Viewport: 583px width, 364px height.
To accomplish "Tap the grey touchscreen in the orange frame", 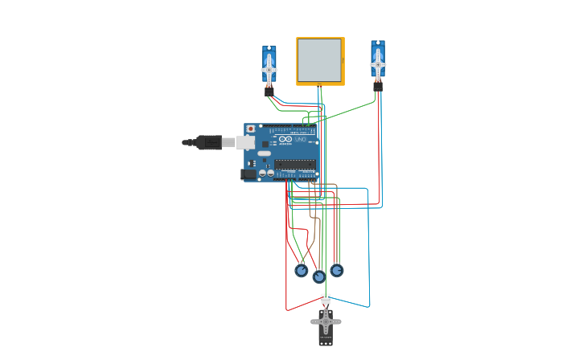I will tap(319, 60).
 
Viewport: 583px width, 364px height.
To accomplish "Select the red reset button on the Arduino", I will tap(250, 129).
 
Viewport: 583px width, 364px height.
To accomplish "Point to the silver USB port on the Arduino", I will tap(246, 142).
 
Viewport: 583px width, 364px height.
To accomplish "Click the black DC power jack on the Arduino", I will tap(248, 174).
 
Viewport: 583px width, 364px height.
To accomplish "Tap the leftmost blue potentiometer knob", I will tap(302, 271).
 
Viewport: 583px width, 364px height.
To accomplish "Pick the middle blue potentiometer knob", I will tap(319, 277).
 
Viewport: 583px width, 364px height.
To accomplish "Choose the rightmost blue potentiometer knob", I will tap(336, 271).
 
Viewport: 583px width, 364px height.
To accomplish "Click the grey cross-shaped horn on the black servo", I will tap(326, 321).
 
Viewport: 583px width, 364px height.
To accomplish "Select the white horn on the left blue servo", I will tap(269, 70).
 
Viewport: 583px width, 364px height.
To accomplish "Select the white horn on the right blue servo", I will tap(377, 64).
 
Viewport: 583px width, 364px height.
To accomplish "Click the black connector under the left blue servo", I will tap(269, 92).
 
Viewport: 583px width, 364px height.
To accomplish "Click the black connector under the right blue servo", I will tap(377, 85).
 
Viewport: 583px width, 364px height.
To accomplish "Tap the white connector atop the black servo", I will tap(325, 299).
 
